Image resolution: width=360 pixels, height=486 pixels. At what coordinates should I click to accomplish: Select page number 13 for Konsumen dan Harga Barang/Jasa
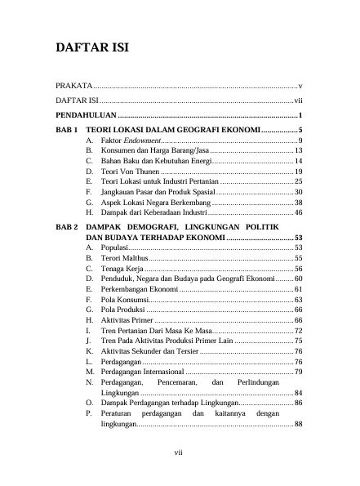coord(299,152)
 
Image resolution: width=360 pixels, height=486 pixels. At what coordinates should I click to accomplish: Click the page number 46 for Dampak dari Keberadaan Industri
coord(299,212)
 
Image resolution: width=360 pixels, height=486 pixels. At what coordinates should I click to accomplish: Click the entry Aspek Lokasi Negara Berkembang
coord(156,202)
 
